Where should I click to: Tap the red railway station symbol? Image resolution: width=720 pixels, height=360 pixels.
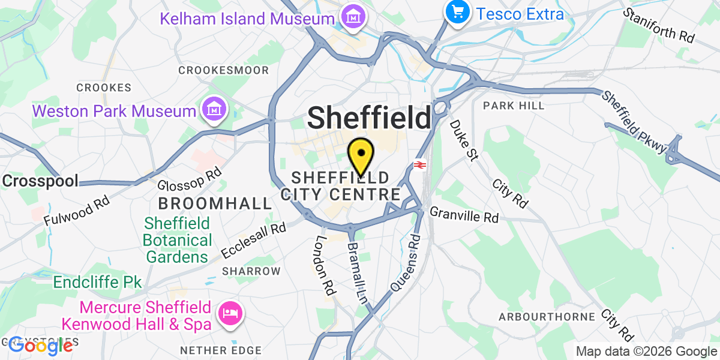point(419,164)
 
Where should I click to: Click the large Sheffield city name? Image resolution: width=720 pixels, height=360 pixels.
point(370,118)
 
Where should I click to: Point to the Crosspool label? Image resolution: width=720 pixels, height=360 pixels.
point(41,181)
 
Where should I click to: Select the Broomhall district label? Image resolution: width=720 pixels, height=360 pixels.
point(215,203)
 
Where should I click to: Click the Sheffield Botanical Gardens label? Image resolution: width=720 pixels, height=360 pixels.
point(177,241)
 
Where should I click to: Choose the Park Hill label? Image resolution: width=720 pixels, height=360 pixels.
point(514,106)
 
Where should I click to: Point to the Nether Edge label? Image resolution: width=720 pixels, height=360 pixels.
point(221,350)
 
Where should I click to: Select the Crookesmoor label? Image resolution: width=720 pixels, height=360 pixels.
point(224,70)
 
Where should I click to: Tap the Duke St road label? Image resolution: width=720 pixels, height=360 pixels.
point(464,140)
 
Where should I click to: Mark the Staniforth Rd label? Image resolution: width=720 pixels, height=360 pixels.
point(658,25)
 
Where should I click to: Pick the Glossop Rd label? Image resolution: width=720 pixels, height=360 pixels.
point(190,178)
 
